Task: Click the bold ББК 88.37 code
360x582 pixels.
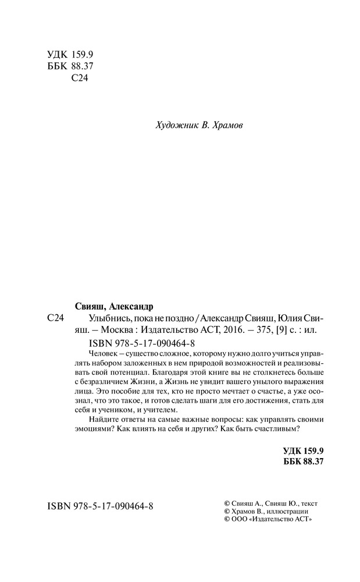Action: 302,461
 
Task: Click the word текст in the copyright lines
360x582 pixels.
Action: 309,503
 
